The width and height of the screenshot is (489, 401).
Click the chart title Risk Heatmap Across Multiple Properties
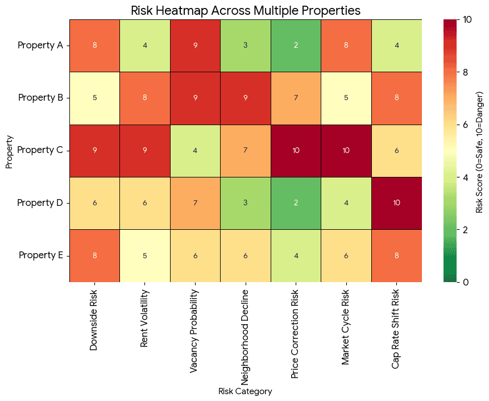pyautogui.click(x=245, y=10)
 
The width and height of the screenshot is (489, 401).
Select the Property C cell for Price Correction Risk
pyautogui.click(x=296, y=151)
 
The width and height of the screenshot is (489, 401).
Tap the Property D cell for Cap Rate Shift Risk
pyautogui.click(x=397, y=203)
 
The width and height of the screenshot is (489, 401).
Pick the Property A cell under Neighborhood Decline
pyautogui.click(x=246, y=46)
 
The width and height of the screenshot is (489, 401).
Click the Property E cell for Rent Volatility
pyautogui.click(x=145, y=255)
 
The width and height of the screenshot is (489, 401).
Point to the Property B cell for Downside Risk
pyautogui.click(x=94, y=98)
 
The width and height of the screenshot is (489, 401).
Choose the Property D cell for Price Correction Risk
pyautogui.click(x=296, y=203)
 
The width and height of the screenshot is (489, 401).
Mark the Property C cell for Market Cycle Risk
pyautogui.click(x=346, y=151)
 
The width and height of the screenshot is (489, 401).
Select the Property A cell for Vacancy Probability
pyautogui.click(x=195, y=46)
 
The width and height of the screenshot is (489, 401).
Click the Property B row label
pyautogui.click(x=39, y=98)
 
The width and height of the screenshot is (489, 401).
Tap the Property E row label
pyautogui.click(x=39, y=255)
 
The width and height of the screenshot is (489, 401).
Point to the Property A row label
pyautogui.click(x=39, y=46)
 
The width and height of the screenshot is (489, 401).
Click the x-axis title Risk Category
pyautogui.click(x=245, y=391)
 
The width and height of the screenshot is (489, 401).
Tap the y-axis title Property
pyautogui.click(x=9, y=151)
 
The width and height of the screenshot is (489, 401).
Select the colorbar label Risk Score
pyautogui.click(x=479, y=151)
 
